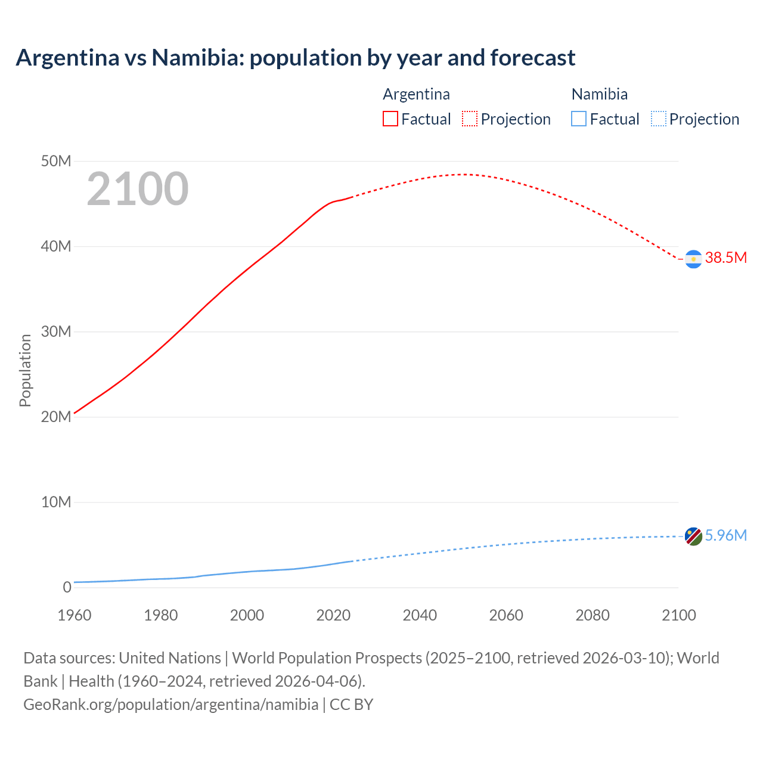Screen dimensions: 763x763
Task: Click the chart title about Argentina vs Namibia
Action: click(296, 58)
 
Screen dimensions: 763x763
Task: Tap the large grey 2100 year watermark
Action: click(138, 189)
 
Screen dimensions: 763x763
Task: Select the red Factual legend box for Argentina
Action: click(390, 119)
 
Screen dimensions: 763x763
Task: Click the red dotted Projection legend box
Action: click(470, 119)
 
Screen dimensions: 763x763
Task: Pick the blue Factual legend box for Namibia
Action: click(579, 119)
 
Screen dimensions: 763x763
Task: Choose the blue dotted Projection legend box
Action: click(659, 119)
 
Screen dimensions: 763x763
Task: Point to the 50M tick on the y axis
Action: click(56, 162)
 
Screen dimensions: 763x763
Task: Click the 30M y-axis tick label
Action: click(56, 332)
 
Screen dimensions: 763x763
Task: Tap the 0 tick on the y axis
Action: click(67, 588)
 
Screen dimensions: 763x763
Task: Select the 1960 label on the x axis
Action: click(75, 615)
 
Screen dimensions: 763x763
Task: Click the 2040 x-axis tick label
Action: click(420, 615)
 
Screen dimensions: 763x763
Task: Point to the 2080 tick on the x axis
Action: click(593, 615)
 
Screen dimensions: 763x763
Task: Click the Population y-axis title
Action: click(25, 370)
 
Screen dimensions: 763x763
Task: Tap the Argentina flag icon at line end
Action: click(693, 259)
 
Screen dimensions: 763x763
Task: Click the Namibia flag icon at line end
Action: click(693, 536)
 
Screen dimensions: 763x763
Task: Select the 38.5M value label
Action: click(725, 258)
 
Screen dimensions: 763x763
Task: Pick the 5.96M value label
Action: click(725, 536)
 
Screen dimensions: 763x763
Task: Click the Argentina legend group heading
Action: click(416, 94)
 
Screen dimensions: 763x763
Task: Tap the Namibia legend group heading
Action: click(599, 94)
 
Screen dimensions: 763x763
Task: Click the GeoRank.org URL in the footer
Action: click(170, 705)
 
